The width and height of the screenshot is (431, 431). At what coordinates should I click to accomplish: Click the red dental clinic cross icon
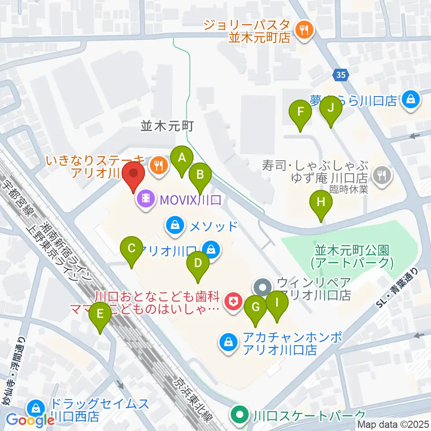point(233,301)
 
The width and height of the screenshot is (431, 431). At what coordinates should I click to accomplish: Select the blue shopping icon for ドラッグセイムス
point(35,409)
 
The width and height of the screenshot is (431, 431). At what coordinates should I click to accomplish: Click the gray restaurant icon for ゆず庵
point(382,174)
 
